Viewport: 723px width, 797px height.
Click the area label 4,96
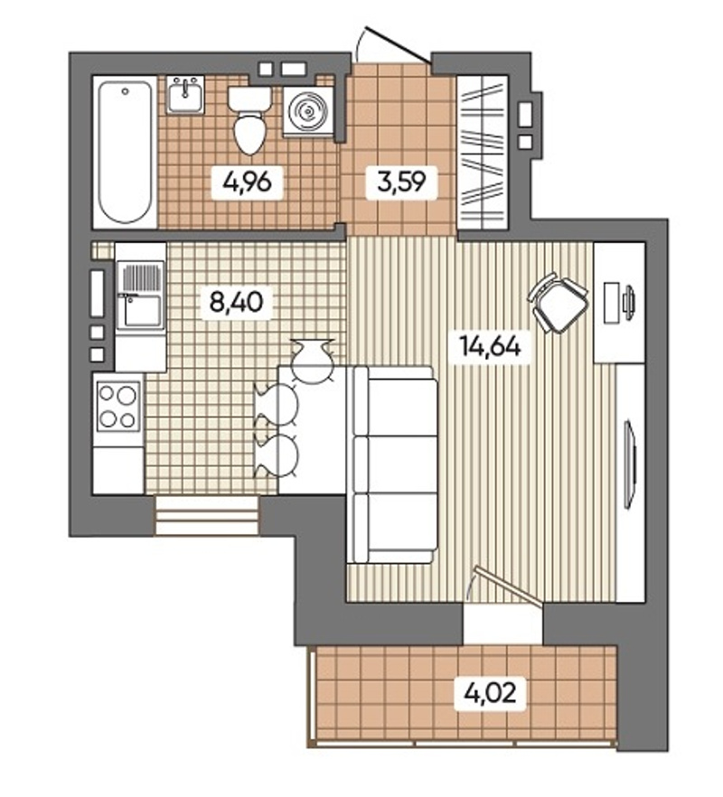(247, 182)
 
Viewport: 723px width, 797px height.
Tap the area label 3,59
(401, 182)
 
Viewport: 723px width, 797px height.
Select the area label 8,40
(237, 302)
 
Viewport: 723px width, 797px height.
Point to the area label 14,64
(490, 346)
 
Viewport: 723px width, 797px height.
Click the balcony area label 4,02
(490, 692)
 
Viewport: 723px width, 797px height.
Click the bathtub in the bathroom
(125, 152)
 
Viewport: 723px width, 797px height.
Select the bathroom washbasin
(185, 95)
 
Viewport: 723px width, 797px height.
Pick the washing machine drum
(308, 111)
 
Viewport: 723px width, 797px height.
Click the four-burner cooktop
(119, 406)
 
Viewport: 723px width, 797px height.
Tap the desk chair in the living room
(559, 303)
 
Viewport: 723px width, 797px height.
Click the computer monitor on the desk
(629, 304)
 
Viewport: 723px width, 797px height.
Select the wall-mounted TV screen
(629, 463)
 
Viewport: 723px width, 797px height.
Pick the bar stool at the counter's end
(313, 361)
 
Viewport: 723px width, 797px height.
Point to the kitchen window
(207, 515)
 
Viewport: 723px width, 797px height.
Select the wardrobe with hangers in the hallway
(483, 153)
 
